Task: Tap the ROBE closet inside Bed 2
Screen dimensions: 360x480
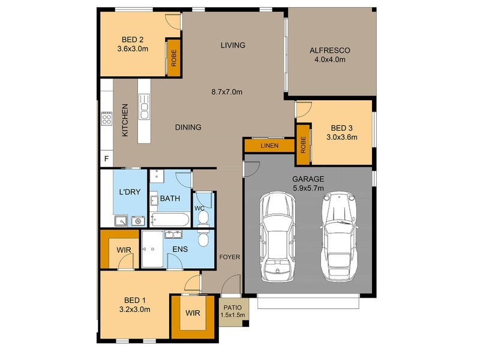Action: click(x=174, y=58)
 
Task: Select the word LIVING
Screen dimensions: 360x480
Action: click(x=233, y=46)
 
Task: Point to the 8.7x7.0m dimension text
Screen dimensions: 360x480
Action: click(x=227, y=92)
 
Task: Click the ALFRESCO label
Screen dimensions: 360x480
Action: click(x=329, y=50)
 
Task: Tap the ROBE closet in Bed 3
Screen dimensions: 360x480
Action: click(x=303, y=144)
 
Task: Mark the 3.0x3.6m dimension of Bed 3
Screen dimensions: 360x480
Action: click(x=342, y=137)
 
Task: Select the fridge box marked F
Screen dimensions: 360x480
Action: click(x=107, y=159)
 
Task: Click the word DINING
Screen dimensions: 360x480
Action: click(x=188, y=127)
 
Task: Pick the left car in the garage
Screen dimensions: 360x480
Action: click(x=277, y=236)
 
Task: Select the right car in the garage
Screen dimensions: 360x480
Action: click(x=339, y=236)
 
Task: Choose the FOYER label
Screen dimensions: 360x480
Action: click(x=229, y=257)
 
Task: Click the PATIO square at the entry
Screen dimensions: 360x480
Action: click(x=231, y=311)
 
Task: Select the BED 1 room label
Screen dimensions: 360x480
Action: click(x=135, y=300)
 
